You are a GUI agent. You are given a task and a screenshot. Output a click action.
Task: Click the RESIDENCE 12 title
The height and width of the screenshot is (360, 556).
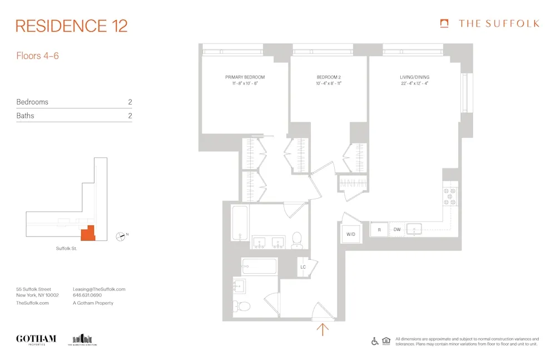coord(72,26)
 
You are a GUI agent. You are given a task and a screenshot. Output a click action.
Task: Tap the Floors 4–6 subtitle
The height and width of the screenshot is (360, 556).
coord(38,56)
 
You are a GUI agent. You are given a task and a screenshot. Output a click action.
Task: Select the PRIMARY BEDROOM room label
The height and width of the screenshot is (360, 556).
coord(245,77)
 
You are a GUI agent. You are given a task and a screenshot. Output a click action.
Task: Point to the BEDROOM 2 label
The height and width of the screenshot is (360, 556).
coord(328,77)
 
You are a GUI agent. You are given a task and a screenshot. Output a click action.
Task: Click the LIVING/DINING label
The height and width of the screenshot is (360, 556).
coord(414,77)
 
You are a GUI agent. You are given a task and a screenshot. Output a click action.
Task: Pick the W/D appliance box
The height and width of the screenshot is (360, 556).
coord(351,234)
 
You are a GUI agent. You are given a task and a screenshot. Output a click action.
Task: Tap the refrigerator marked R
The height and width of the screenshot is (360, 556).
coord(379,229)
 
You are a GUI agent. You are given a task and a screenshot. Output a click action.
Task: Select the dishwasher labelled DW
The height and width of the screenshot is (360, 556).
coord(397,229)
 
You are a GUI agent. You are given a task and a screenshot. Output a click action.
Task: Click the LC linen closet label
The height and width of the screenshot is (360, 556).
coord(303,267)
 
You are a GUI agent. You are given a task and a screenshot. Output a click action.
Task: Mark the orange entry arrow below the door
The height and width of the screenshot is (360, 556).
coord(322,329)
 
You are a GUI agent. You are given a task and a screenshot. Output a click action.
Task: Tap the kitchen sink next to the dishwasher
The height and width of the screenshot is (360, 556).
coord(414,229)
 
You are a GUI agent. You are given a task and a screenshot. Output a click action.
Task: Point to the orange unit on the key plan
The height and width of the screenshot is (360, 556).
coord(88,234)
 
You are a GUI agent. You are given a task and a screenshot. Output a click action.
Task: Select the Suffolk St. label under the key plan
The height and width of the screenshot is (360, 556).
coord(66,248)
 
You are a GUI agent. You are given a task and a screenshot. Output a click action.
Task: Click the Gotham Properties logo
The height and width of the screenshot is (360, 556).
coord(36,339)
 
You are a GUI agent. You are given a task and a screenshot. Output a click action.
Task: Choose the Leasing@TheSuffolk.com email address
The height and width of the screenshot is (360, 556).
coord(99,289)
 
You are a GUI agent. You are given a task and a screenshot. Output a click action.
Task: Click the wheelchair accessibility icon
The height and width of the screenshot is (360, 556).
coord(375,341)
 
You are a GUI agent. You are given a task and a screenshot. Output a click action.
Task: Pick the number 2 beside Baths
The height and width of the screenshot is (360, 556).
coord(130,116)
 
